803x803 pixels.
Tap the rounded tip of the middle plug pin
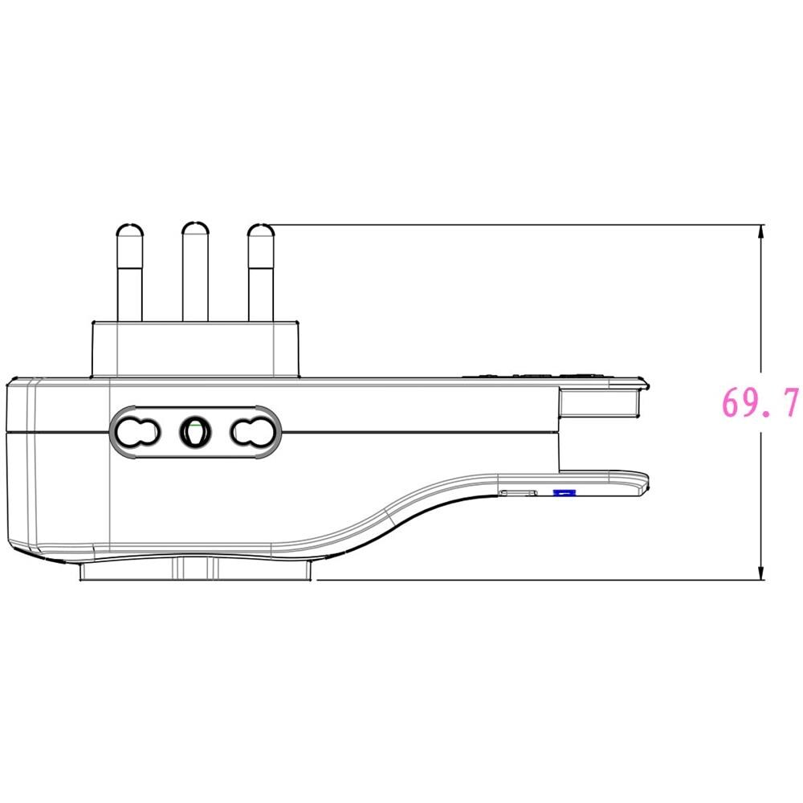pos(194,230)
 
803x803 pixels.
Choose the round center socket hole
pos(194,433)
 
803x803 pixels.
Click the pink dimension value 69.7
pos(760,403)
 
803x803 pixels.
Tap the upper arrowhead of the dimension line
pos(760,233)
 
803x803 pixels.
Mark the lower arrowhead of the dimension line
pos(760,571)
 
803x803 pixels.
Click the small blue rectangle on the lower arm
pos(565,491)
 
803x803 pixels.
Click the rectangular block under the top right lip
pos(600,402)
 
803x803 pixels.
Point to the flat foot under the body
pos(195,569)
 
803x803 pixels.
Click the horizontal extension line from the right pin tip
pos(514,224)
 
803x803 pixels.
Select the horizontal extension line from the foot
pos(530,579)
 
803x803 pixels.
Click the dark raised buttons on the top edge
pos(534,373)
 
